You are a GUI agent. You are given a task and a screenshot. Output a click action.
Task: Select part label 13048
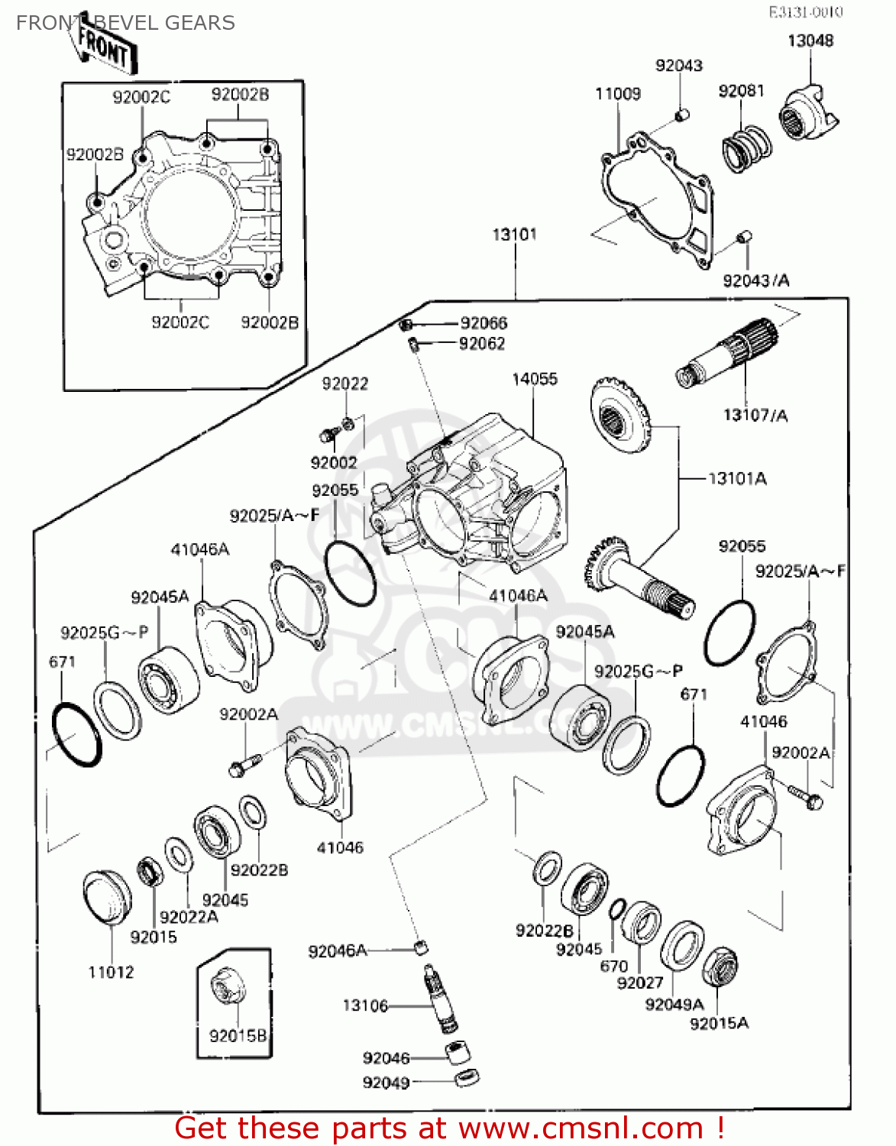810,40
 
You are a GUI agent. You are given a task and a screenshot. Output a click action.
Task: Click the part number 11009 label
618,94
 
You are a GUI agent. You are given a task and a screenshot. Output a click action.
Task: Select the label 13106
365,1005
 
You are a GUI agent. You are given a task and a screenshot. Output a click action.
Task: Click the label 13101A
737,479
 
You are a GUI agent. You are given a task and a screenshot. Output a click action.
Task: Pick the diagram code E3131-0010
805,12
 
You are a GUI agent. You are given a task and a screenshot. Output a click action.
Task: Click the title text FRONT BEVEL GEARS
125,23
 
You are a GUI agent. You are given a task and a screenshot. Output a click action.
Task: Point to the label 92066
484,323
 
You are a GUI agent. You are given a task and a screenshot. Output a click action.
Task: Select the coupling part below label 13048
807,115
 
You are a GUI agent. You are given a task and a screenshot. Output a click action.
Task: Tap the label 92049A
674,1004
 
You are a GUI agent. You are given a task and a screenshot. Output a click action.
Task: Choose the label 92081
741,91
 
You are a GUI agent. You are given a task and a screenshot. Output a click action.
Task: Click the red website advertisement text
449,1128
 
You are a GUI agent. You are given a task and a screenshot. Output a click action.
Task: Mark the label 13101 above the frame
514,235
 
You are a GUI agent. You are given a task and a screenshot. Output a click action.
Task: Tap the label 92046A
337,951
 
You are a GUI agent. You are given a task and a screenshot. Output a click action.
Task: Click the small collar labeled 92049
466,1078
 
